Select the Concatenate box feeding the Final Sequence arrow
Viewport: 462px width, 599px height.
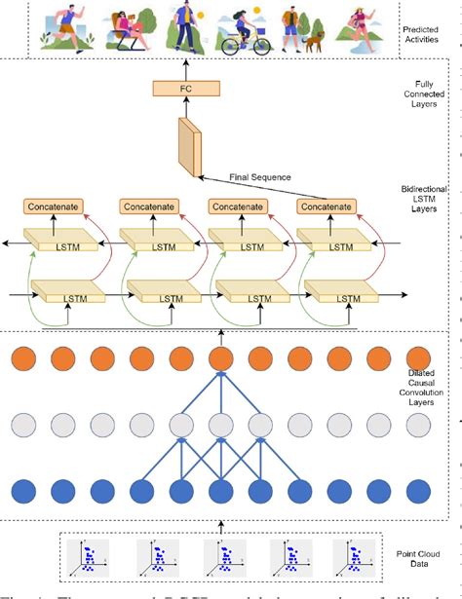pyautogui.click(x=327, y=206)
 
